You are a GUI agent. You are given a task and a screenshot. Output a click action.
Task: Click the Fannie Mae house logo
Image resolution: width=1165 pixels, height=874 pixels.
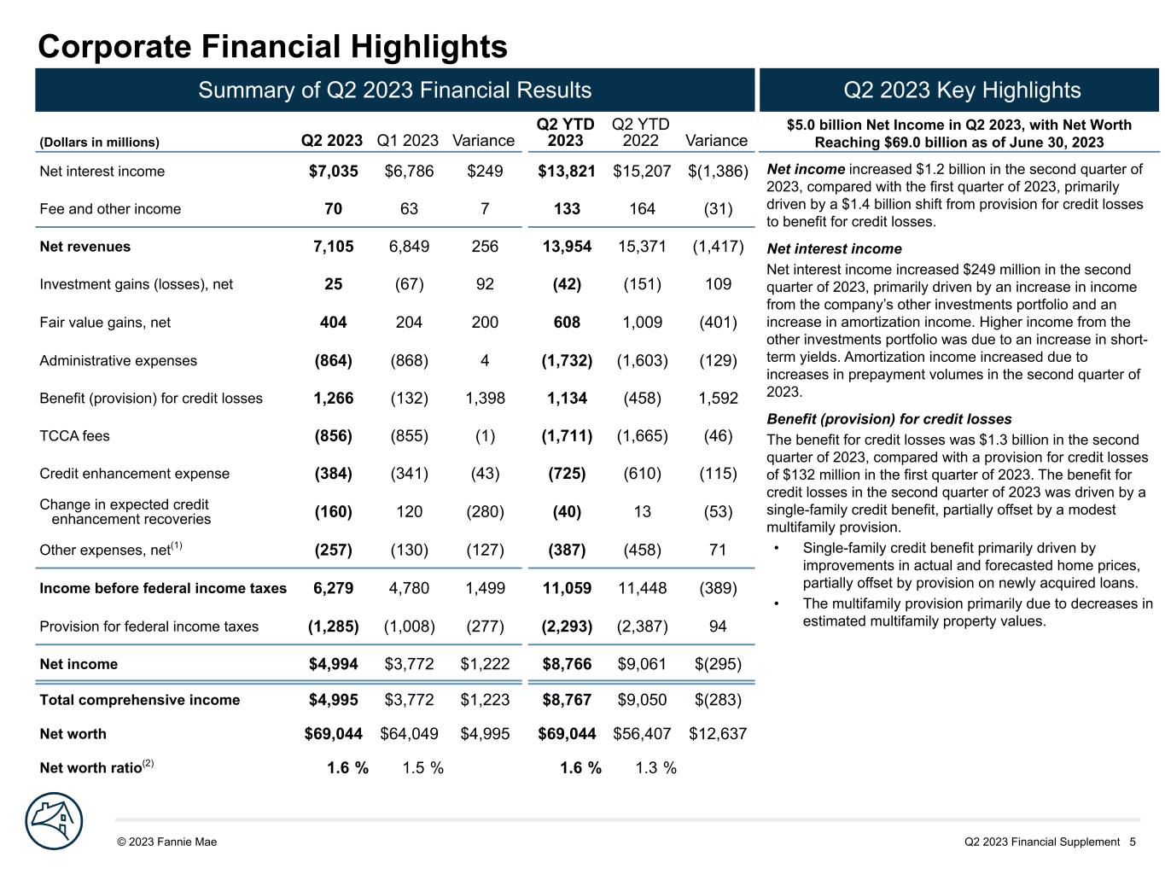(55, 821)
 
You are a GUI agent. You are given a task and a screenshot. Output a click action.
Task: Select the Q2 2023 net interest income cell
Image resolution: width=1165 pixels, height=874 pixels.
(333, 172)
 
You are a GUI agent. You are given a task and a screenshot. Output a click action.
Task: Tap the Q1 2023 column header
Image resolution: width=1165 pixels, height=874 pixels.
(408, 141)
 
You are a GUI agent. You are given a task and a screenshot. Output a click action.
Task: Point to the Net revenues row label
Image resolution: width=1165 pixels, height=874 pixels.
(85, 247)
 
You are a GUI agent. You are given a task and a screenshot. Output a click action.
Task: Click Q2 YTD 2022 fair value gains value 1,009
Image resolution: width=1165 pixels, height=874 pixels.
(642, 323)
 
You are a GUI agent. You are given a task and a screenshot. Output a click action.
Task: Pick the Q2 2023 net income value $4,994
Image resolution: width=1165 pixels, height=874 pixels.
(333, 664)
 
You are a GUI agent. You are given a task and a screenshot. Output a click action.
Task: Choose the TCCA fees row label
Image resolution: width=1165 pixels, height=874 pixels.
(74, 436)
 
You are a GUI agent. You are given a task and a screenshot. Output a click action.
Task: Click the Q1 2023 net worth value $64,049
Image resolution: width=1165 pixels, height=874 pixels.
(409, 734)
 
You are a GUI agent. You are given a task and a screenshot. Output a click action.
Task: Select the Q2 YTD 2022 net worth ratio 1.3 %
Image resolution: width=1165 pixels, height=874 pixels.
(655, 768)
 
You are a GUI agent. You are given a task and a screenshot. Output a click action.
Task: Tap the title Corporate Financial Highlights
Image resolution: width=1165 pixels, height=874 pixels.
(273, 46)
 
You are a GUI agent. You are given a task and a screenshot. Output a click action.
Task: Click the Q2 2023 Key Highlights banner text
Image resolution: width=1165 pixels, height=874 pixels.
(962, 90)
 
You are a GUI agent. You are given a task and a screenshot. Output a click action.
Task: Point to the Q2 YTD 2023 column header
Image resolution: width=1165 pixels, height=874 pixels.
(565, 133)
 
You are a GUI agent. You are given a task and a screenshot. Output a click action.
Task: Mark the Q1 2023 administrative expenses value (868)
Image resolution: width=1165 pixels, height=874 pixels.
(410, 360)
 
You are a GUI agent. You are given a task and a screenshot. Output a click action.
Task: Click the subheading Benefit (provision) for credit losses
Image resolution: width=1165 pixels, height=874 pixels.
(888, 419)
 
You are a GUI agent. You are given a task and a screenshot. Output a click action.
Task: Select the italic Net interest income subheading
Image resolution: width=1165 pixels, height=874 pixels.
(834, 248)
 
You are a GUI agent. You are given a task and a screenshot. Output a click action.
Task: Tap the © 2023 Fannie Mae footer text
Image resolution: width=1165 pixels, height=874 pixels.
(167, 842)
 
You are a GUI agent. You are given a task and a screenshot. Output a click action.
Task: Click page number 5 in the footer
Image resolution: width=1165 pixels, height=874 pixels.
(1133, 842)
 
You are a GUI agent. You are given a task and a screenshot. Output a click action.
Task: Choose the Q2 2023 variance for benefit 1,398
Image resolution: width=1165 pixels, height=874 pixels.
(485, 399)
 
